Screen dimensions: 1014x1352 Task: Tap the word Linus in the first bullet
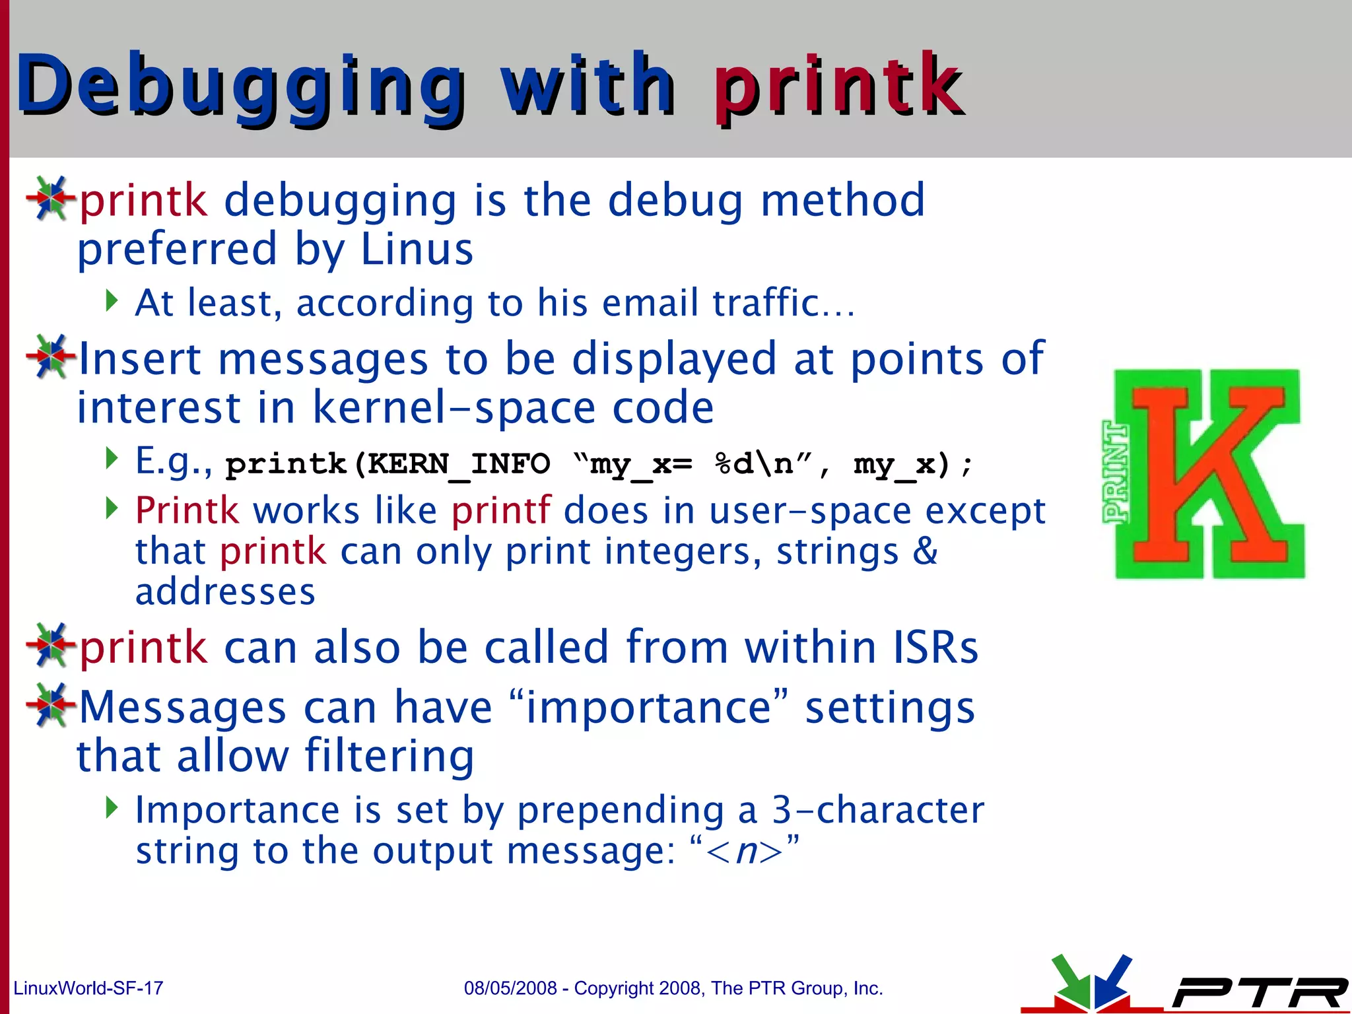click(417, 250)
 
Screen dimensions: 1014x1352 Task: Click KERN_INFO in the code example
click(458, 464)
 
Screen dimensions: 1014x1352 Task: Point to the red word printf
click(501, 510)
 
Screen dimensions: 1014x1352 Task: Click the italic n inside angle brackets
click(745, 851)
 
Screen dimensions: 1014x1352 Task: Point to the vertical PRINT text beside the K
click(1116, 472)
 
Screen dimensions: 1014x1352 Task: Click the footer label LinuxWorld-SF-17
click(88, 988)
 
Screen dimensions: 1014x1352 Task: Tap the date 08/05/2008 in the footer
click(510, 988)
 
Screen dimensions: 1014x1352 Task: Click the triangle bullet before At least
click(112, 301)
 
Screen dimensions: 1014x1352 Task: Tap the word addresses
click(225, 591)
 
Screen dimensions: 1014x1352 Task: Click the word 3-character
click(878, 810)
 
